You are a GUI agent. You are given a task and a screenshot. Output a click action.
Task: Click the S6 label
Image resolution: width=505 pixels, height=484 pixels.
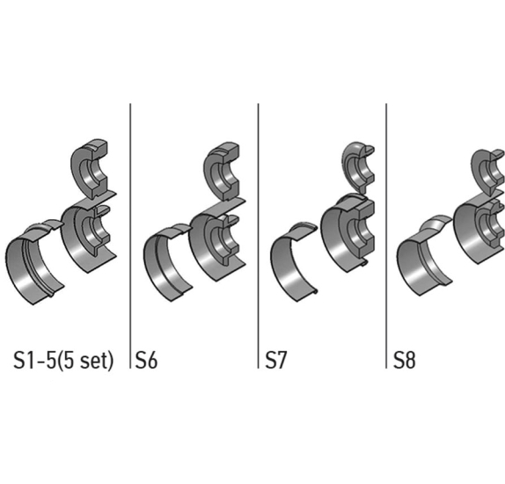[147, 360]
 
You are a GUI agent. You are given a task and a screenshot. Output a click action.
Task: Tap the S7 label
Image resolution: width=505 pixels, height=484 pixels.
[275, 360]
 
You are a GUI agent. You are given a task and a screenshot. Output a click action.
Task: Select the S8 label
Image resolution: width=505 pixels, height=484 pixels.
[405, 360]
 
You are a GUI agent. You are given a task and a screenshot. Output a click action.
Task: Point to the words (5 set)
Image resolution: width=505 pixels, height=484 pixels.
[86, 360]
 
